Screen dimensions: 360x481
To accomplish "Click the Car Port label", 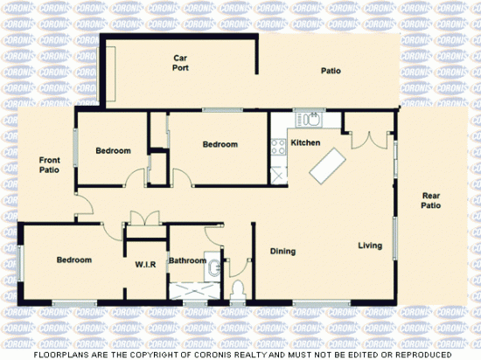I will [181, 62].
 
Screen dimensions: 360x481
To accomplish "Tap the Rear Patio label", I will [431, 200].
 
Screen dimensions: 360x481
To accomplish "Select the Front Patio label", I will [50, 165].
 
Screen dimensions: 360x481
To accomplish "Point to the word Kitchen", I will [305, 142].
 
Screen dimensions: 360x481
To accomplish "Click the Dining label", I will [282, 252].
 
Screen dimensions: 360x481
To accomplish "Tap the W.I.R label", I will [145, 264].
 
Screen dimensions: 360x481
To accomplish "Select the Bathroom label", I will [187, 260].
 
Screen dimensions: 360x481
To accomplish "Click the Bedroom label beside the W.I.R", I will [74, 260].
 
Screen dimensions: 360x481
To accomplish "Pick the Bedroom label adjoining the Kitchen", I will [220, 144].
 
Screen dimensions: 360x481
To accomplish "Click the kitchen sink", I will [310, 121].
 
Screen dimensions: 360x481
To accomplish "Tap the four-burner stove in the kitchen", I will [280, 147].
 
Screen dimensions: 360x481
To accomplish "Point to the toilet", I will [236, 288].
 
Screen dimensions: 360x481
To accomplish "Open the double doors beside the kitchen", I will [366, 140].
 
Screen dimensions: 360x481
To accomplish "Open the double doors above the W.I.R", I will [143, 219].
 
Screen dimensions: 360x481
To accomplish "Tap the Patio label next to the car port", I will [330, 72].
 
